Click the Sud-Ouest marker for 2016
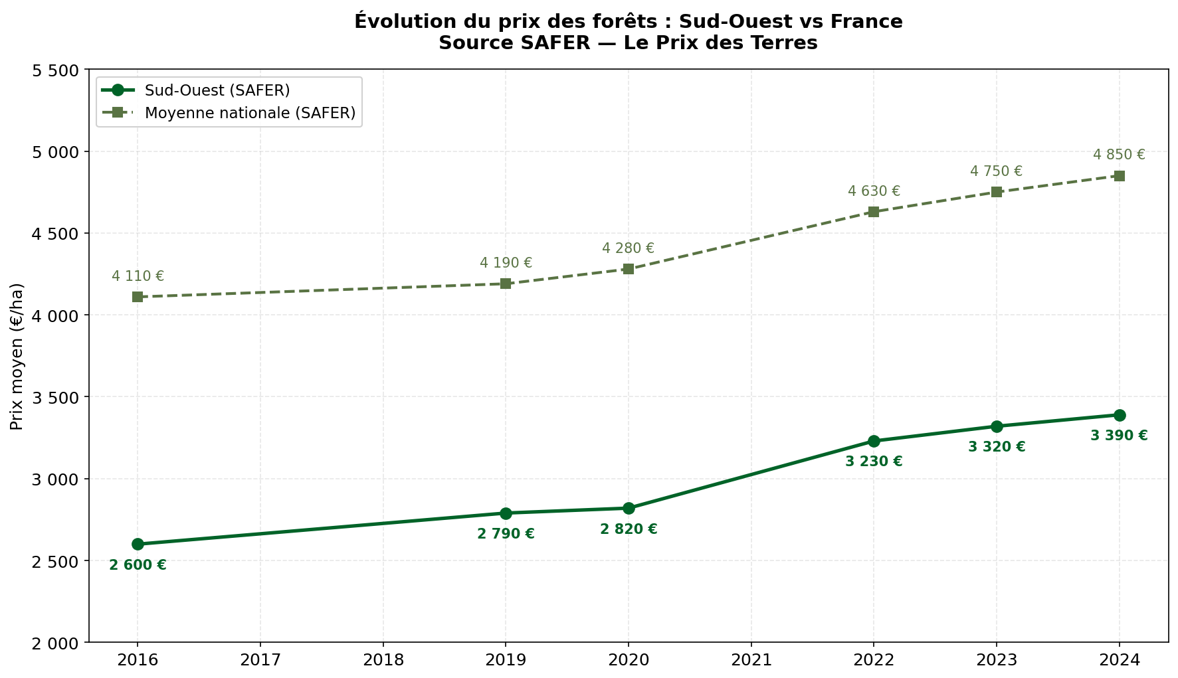(x=138, y=544)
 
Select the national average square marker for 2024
(x=1119, y=176)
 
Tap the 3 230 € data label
(x=874, y=462)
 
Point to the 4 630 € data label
(x=874, y=191)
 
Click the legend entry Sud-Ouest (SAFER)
(x=217, y=90)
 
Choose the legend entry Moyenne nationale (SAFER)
(x=250, y=113)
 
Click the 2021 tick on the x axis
(x=751, y=660)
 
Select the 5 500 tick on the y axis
(x=55, y=70)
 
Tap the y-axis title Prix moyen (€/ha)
(x=17, y=356)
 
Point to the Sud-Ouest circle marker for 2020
(x=629, y=508)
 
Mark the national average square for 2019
(x=506, y=284)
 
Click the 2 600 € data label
(x=138, y=565)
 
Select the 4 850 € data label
(x=1119, y=155)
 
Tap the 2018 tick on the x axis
(x=383, y=660)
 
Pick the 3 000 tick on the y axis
(x=55, y=479)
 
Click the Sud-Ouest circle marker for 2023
(x=997, y=426)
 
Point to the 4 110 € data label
(x=138, y=276)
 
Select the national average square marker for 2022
(x=874, y=212)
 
